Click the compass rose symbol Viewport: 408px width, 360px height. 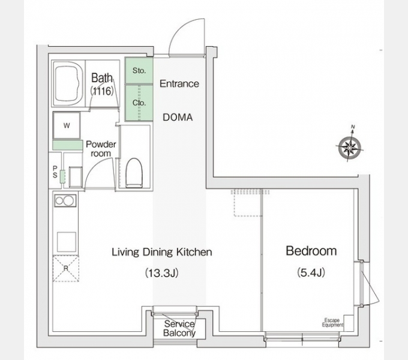coord(350,148)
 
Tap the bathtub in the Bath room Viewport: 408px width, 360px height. coord(68,84)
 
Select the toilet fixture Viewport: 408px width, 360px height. coord(134,173)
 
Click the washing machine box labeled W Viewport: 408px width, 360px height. coord(67,125)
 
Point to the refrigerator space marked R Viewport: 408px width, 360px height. coord(66,268)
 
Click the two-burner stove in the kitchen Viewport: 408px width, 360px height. coord(65,201)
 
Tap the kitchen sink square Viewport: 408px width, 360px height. coord(67,242)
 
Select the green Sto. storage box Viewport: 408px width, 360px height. coord(139,70)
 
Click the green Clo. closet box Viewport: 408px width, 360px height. coord(139,103)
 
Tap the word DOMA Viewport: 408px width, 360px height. coord(178,118)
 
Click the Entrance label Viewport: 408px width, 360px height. coord(179,84)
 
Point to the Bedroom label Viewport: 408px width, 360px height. coord(311,251)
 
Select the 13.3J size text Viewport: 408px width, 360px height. coord(161,273)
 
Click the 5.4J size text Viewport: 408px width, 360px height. coord(311,272)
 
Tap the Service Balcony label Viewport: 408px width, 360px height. coord(179,328)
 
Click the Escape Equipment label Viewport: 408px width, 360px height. coord(332,323)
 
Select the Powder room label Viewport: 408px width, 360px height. coord(101,149)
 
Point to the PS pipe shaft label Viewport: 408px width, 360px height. coord(55,172)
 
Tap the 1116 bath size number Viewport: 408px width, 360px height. coord(102,91)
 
